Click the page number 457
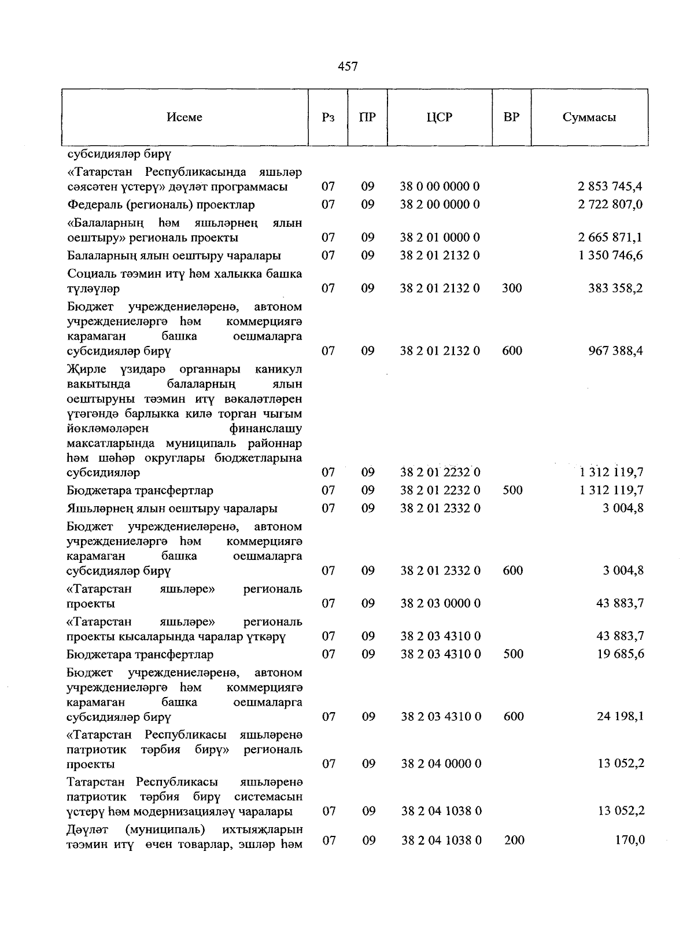pos(348,67)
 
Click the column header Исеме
pos(184,117)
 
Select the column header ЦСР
pos(440,117)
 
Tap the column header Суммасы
pos(589,117)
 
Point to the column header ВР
pos(511,117)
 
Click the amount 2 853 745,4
pos(610,187)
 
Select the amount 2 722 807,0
pos(610,205)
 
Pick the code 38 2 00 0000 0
pos(440,205)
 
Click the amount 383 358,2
pos(615,288)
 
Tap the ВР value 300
pos(512,288)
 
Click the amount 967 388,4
pos(615,351)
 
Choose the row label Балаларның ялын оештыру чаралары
pos(174,256)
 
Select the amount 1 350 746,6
pos(610,256)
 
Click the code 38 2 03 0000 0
pos(441,603)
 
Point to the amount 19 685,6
pos(620,654)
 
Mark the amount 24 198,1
pos(620,717)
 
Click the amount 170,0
pos(630,840)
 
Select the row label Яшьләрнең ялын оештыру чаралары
pos(172,508)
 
